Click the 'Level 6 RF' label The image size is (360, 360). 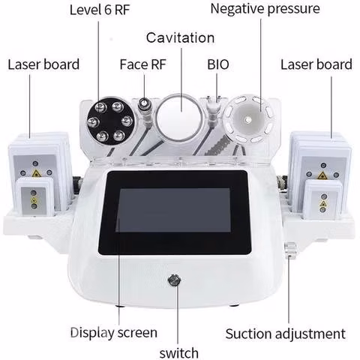click(x=100, y=10)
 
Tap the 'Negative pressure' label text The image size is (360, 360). click(x=265, y=9)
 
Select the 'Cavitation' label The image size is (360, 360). click(x=180, y=38)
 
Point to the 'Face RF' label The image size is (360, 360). click(x=143, y=64)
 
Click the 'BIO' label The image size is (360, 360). click(x=218, y=64)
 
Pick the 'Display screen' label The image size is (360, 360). click(x=114, y=332)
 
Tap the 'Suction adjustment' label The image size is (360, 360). click(x=286, y=334)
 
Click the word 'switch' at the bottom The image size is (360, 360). click(x=179, y=353)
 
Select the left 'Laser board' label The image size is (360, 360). click(x=43, y=64)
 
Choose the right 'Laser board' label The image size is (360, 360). click(x=316, y=64)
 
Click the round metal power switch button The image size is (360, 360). click(x=174, y=280)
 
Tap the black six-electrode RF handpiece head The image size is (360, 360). click(x=110, y=121)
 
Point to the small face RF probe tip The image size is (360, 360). click(x=143, y=103)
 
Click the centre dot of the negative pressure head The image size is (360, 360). click(x=248, y=120)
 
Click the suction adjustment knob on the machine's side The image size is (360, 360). click(x=290, y=250)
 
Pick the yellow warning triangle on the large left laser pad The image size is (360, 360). click(x=36, y=173)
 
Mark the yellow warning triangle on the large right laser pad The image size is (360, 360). click(x=322, y=175)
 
